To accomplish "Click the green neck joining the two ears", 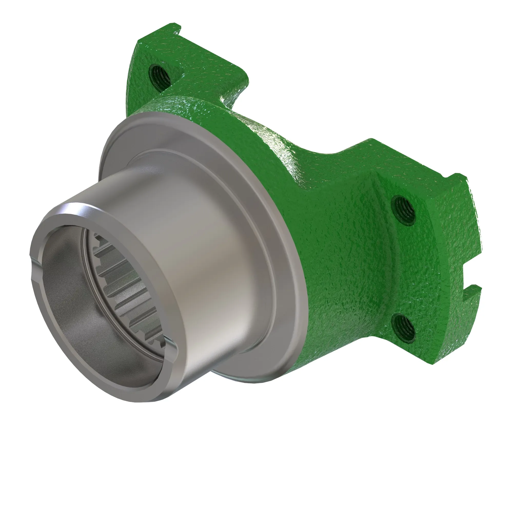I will pyautogui.click(x=279, y=133).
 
